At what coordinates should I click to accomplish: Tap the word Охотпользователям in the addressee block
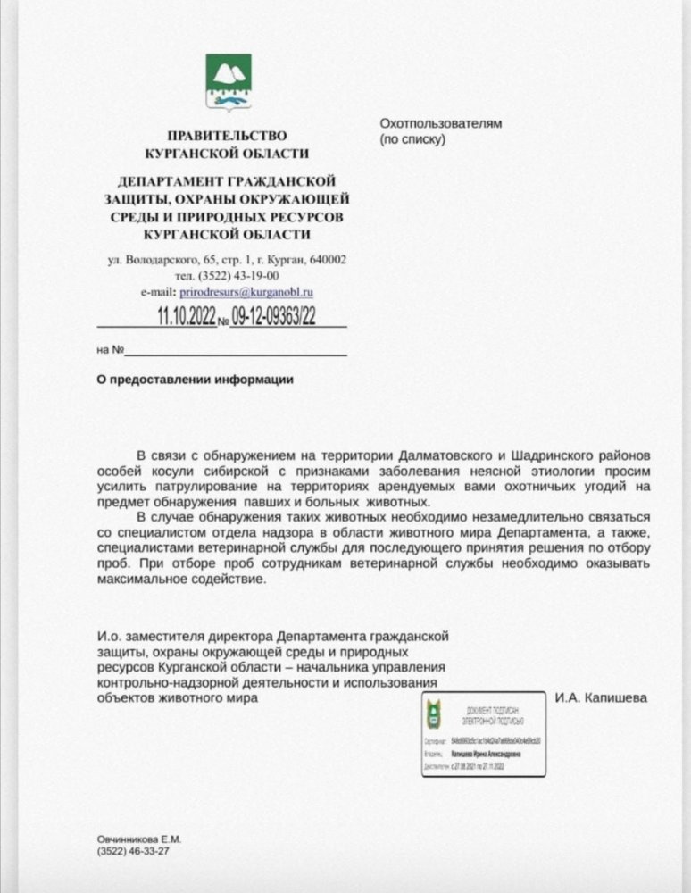pos(440,123)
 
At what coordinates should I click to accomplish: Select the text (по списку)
pos(412,139)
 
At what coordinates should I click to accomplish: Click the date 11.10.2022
pos(187,315)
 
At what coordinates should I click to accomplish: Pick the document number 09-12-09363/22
pos(272,315)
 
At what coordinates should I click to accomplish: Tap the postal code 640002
pos(328,260)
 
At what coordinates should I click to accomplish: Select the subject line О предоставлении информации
pos(195,379)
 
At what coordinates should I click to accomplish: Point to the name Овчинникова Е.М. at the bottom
pos(138,840)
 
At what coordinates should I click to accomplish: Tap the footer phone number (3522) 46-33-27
pos(133,853)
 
